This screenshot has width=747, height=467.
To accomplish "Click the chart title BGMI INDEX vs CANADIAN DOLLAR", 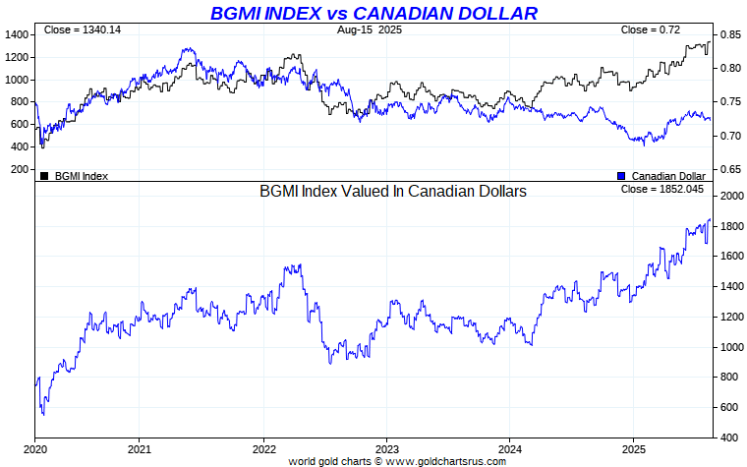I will (373, 13).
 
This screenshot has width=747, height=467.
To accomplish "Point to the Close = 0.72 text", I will (651, 30).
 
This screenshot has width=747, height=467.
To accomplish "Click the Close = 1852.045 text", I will (663, 189).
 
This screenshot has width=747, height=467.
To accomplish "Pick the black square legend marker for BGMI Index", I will (44, 176).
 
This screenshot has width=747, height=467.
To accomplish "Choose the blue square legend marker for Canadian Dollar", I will (621, 176).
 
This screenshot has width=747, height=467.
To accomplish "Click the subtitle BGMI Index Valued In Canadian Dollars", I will (393, 192).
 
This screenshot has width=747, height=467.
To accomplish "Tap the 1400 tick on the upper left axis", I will (17, 34).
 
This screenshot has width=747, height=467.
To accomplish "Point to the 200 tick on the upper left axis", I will (20, 169).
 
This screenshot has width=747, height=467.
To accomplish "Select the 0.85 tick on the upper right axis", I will (728, 34).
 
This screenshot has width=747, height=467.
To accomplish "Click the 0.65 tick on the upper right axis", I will (728, 169).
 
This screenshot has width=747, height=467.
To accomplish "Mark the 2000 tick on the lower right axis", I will (730, 197).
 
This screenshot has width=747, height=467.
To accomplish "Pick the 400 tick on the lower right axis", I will (727, 438).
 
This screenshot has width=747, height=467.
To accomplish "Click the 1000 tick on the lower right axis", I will (730, 347).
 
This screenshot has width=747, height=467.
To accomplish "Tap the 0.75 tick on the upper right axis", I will (728, 102).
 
